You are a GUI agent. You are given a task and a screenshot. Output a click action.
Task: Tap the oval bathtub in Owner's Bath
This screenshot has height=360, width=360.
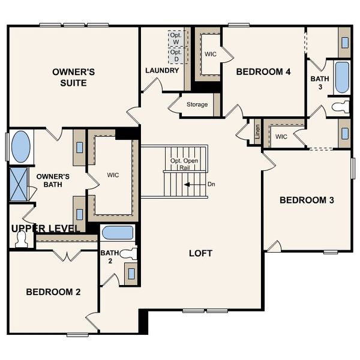[x=20, y=147]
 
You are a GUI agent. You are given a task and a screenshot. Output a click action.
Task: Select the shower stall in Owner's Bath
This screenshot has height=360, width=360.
[x=19, y=184]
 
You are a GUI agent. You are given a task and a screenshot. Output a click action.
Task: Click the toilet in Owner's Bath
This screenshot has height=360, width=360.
[x=22, y=239]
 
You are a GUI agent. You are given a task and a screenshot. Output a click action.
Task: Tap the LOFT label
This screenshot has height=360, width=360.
[x=200, y=253]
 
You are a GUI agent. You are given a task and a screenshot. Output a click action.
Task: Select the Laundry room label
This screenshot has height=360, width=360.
[x=162, y=71]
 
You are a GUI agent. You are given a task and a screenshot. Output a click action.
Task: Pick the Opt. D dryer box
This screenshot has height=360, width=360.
[x=176, y=55]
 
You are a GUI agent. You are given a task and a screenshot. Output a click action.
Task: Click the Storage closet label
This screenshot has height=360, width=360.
[x=197, y=105]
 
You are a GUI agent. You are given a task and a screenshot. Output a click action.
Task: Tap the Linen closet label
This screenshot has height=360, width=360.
[x=257, y=132]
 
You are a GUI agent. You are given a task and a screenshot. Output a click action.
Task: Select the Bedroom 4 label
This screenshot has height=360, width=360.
[x=263, y=72]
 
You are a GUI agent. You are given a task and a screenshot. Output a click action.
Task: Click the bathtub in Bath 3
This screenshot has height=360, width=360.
[x=341, y=77]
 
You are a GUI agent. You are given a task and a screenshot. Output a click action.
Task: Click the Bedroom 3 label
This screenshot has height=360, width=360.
[x=307, y=200]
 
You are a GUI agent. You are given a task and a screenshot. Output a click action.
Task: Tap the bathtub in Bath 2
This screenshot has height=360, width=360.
[x=118, y=233]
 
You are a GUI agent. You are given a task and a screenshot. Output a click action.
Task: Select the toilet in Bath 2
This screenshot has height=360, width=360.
[x=128, y=254]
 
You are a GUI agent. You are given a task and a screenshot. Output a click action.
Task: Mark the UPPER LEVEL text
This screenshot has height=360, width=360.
[x=45, y=229]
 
